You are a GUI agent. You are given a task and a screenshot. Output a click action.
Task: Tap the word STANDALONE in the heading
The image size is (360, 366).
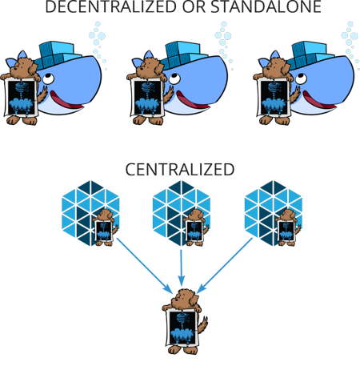pos(266,6)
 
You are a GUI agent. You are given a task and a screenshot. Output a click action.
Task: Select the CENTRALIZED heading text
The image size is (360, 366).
pos(180,170)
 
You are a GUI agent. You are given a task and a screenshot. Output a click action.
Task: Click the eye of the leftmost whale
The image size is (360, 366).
pos(49,78)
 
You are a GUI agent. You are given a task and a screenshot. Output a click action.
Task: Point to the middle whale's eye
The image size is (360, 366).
pos(175,78)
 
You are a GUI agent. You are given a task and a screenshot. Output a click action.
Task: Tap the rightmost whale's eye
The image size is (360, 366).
pos(302,78)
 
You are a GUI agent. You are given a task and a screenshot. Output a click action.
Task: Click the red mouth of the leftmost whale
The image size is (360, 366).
pos(66,100)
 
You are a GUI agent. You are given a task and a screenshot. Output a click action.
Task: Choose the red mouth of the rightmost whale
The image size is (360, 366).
pos(318,100)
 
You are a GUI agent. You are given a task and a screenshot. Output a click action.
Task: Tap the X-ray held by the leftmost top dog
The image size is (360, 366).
pos(22,98)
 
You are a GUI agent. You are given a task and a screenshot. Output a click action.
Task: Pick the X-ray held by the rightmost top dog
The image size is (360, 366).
pos(274,98)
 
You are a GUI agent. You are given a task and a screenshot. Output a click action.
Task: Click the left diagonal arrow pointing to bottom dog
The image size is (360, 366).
pos(144,265)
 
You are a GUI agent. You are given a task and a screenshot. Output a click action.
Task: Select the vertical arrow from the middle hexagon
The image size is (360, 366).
pos(182,267)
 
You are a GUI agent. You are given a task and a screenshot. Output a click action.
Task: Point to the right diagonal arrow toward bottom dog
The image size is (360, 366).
pos(225,265)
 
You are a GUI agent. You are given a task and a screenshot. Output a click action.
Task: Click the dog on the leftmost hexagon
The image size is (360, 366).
pos(105,227)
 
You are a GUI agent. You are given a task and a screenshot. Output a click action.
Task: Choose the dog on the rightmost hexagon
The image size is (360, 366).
pos(288,227)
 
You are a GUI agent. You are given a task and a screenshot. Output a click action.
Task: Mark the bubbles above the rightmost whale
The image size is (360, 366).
pos(350,42)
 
